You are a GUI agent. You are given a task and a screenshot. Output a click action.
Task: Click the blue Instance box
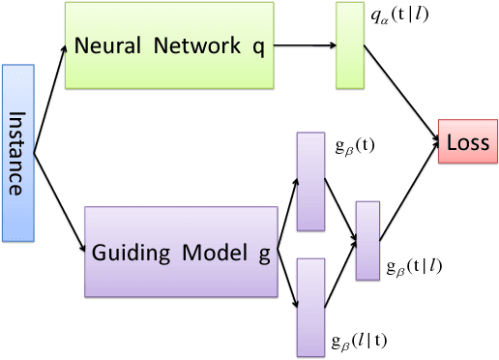click(18, 153)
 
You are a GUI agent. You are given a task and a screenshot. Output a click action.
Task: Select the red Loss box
click(468, 143)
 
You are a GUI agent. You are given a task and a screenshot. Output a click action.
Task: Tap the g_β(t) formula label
click(354, 145)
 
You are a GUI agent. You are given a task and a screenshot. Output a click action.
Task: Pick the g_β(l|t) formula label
click(361, 340)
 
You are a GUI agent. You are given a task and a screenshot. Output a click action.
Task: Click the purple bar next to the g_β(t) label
click(309, 181)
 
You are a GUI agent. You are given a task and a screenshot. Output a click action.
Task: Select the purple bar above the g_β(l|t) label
click(309, 307)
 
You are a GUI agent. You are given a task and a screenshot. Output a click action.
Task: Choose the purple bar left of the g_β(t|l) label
click(367, 241)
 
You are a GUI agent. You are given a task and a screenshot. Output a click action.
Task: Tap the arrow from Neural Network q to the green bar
click(306, 45)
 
